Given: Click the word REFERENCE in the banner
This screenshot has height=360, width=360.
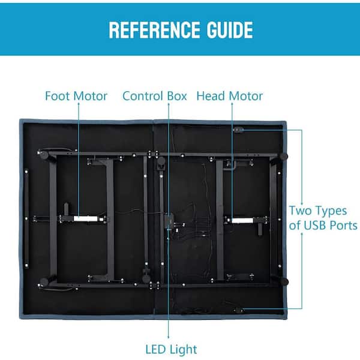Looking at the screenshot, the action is click(x=154, y=30).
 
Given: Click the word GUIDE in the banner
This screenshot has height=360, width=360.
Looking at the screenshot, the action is click(x=230, y=30).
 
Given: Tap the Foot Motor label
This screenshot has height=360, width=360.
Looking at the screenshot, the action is click(x=76, y=96).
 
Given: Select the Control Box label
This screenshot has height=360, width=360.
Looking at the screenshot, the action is click(x=155, y=96).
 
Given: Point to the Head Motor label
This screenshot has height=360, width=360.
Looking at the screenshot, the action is click(x=230, y=96).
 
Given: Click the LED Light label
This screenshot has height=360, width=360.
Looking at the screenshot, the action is click(x=171, y=350).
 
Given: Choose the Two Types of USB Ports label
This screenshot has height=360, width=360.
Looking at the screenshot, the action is click(x=323, y=218).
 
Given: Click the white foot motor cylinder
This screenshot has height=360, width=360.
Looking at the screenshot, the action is click(x=85, y=218).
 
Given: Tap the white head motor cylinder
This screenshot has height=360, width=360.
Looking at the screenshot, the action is click(x=242, y=221).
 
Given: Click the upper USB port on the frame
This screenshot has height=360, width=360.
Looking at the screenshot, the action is click(x=238, y=130).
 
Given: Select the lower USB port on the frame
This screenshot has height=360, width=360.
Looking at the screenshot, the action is click(x=238, y=310).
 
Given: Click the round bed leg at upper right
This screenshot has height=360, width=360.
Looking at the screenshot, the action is click(x=284, y=157).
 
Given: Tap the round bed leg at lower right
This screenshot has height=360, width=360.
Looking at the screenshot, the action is click(x=284, y=282).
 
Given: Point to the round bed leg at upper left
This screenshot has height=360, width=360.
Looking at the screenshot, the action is click(x=44, y=155).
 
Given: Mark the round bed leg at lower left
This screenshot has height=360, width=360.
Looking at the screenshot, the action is click(x=44, y=282).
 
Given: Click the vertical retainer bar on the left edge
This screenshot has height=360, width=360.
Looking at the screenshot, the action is click(x=26, y=218).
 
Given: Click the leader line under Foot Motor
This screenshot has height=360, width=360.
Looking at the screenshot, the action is click(x=79, y=160).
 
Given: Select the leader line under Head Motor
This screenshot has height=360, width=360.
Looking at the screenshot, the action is click(x=232, y=161).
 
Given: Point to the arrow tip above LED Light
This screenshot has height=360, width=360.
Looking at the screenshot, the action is click(x=168, y=338).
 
